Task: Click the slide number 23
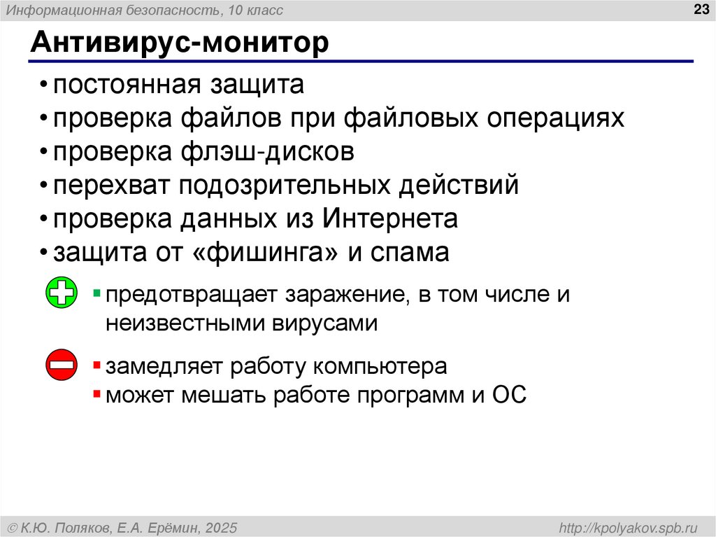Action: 700,9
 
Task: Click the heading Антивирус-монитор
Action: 179,43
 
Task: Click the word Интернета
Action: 390,219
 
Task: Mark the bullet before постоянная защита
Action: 44,86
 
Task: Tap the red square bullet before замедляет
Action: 97,365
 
